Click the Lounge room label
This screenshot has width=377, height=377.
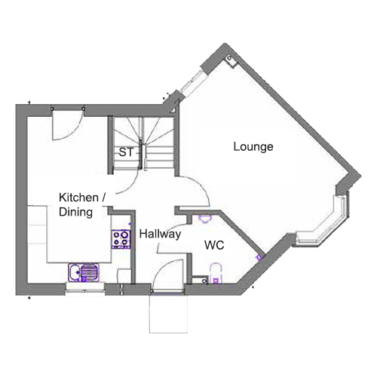[x=253, y=147]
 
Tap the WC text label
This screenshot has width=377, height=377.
[x=214, y=245]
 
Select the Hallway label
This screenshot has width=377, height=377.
[x=160, y=234]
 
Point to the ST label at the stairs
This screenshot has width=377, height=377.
[x=126, y=152]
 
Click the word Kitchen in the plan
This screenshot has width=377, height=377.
[x=78, y=198]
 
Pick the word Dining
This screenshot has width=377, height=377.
[x=75, y=213]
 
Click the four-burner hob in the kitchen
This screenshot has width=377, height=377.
[x=121, y=239]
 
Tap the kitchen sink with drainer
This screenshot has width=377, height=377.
[x=84, y=272]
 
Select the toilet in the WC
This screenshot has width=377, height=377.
[x=216, y=274]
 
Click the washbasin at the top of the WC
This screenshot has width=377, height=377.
[x=205, y=217]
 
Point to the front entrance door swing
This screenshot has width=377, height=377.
[x=168, y=276]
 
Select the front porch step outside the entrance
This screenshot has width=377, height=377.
[x=168, y=314]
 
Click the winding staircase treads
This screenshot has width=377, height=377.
[x=143, y=143]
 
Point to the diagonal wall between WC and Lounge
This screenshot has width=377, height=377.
[x=241, y=232]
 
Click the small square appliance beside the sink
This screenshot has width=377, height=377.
[x=124, y=276]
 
